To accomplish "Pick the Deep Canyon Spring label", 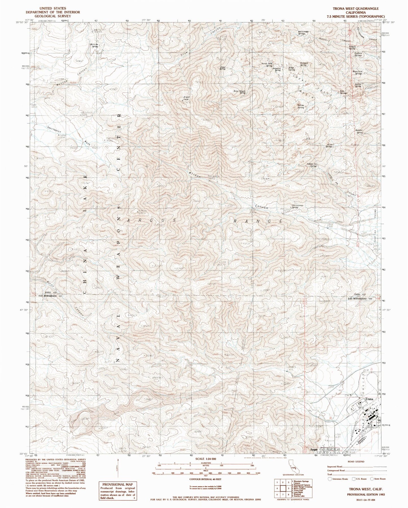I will tap(239, 92).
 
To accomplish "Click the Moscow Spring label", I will tap(94, 45).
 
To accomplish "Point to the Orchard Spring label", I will tap(304, 64).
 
